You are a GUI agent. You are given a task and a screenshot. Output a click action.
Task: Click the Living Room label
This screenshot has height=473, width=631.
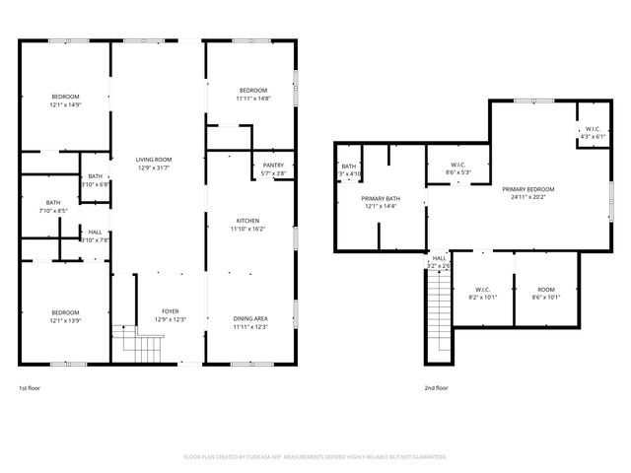pyautogui.click(x=155, y=159)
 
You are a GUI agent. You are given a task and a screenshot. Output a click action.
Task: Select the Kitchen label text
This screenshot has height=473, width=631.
pyautogui.click(x=247, y=220)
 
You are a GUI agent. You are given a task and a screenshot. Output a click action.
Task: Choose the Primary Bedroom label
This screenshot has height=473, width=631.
pyautogui.click(x=527, y=189)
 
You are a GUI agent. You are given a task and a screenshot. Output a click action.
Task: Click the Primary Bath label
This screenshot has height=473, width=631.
pyautogui.click(x=380, y=199)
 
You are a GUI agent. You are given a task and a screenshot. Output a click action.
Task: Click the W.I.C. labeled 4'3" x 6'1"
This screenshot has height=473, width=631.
pyautogui.click(x=593, y=136)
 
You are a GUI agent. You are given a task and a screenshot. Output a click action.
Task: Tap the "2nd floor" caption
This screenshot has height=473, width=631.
pyautogui.click(x=436, y=388)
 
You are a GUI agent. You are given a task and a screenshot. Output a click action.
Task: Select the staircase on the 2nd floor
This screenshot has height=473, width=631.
pyautogui.click(x=439, y=300)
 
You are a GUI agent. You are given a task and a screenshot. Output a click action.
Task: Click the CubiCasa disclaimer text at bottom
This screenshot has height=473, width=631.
pyautogui.click(x=315, y=457)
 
